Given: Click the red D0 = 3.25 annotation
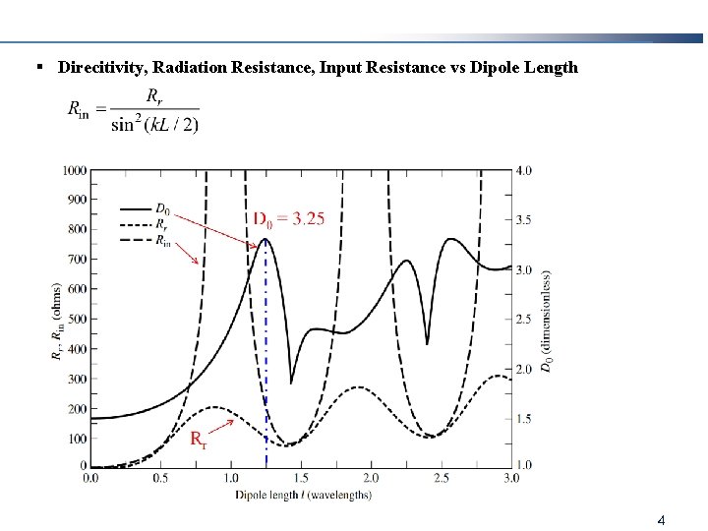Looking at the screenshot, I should tap(289, 218).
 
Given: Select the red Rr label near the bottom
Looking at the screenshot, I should tap(198, 438).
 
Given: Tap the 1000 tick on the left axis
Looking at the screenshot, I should tap(73, 170).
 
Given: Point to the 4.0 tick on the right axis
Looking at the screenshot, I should tap(524, 170).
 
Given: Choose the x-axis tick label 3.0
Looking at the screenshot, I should tap(511, 479).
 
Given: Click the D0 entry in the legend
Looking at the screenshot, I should tap(161, 208).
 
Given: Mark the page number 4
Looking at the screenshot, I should tap(662, 518).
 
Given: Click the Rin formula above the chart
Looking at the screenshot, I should tap(133, 109).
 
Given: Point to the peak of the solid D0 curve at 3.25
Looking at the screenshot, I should tap(265, 239).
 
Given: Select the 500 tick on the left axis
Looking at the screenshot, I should tap(76, 320).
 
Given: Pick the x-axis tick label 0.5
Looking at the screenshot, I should tap(160, 479).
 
